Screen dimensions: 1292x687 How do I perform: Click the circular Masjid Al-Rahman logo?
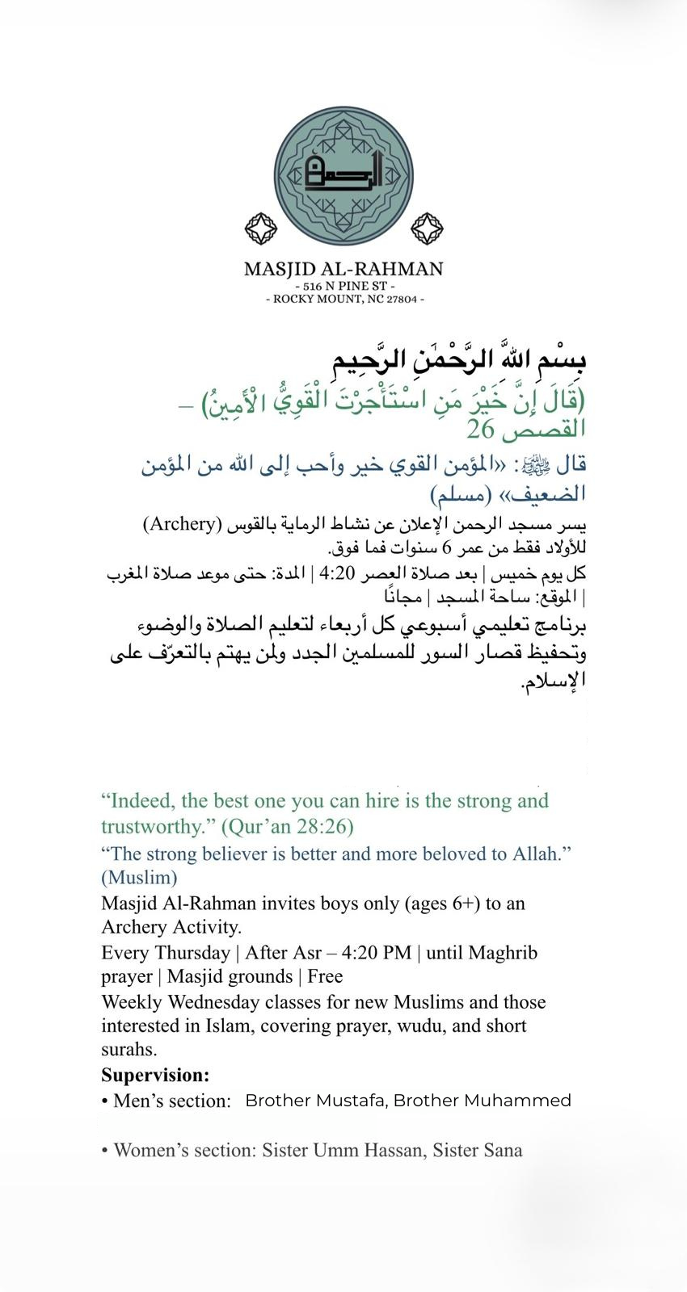[x=343, y=175]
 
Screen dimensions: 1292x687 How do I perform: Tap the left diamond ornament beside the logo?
[x=260, y=229]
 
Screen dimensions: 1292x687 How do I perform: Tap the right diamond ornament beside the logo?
[x=427, y=229]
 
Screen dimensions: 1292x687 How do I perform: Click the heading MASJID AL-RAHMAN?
[x=343, y=269]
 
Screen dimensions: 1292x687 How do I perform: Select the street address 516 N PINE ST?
[x=344, y=287]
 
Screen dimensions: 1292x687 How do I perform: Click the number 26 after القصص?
[x=484, y=429]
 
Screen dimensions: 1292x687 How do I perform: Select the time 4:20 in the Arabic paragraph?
[x=337, y=574]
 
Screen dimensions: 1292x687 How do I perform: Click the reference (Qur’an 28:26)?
[x=287, y=826]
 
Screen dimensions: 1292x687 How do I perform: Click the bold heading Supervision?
[x=155, y=1076]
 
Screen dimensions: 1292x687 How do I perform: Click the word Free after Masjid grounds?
[x=325, y=976]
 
